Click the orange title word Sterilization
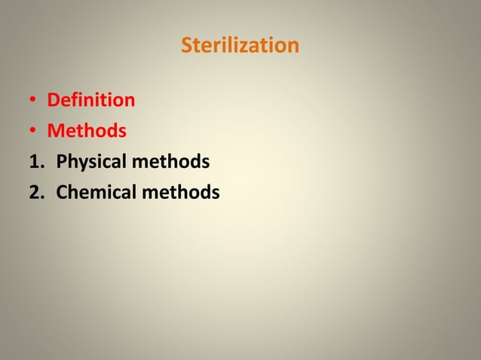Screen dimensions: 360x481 [x=240, y=46]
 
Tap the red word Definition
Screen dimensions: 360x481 [x=91, y=100]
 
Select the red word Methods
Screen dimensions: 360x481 [x=87, y=131]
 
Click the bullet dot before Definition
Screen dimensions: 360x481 [x=34, y=101]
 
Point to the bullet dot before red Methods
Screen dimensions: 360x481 [x=34, y=132]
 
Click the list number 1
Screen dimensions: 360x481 [x=35, y=162]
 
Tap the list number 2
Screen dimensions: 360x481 [x=35, y=193]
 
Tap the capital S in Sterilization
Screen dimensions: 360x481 [x=187, y=46]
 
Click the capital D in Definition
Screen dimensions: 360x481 [x=54, y=100]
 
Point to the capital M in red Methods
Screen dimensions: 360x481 [x=56, y=131]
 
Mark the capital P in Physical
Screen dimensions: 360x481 [x=62, y=162]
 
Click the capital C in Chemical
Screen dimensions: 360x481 [x=63, y=193]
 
